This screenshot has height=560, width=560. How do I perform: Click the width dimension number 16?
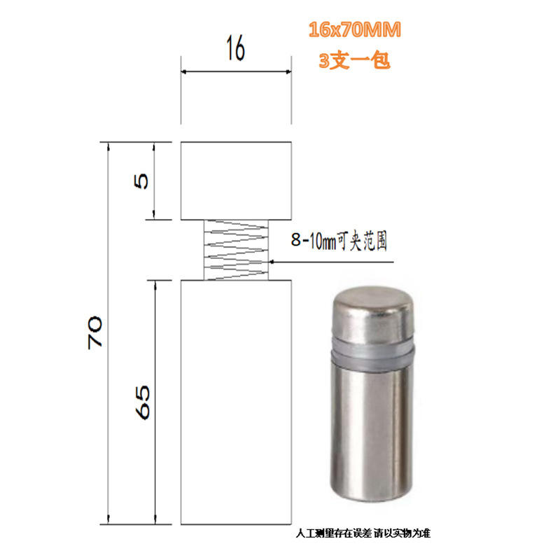click(x=236, y=48)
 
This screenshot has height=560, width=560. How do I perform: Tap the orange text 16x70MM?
click(x=355, y=29)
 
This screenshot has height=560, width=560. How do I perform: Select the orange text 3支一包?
click(x=354, y=60)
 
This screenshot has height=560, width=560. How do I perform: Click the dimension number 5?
click(x=141, y=181)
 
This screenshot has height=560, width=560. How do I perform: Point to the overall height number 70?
click(x=94, y=332)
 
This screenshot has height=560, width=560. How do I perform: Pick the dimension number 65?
click(x=143, y=402)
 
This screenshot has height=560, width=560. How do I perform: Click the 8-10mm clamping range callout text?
click(x=339, y=240)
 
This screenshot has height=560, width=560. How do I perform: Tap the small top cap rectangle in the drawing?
click(x=236, y=181)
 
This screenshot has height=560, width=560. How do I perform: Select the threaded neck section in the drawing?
click(x=236, y=250)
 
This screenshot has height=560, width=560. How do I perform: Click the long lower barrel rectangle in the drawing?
click(x=236, y=402)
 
